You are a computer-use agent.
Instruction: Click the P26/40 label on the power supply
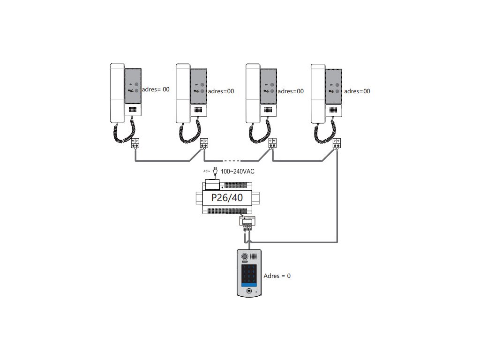pyautogui.click(x=227, y=198)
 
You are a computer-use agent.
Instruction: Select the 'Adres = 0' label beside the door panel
pyautogui.click(x=277, y=276)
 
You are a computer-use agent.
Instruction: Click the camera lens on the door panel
pyautogui.click(x=244, y=257)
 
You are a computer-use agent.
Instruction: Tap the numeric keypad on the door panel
pyautogui.click(x=249, y=274)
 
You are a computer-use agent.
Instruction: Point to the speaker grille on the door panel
pyautogui.click(x=254, y=257)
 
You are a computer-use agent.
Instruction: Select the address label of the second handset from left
pyautogui.click(x=220, y=91)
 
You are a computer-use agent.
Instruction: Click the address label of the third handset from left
pyautogui.click(x=291, y=91)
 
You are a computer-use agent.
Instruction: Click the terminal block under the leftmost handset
pyautogui.click(x=135, y=143)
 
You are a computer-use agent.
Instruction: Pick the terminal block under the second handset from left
pyautogui.click(x=204, y=143)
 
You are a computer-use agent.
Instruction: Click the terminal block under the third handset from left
pyautogui.click(x=272, y=143)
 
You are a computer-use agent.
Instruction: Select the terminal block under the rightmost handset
pyautogui.click(x=337, y=143)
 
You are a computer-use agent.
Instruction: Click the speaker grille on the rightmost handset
pyautogui.click(x=333, y=110)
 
